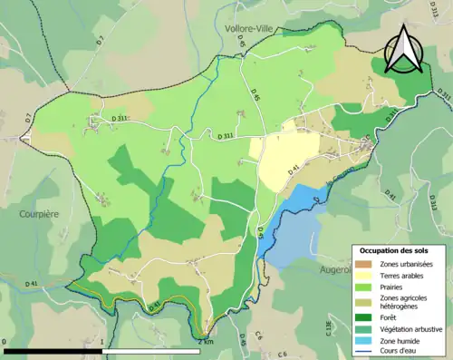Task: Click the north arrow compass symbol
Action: pos(404,50)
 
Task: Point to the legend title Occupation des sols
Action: pos(396,249)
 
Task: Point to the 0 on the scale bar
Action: pos(5,343)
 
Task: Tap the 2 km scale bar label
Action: pos(207,343)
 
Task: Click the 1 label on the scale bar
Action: pos(102,343)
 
